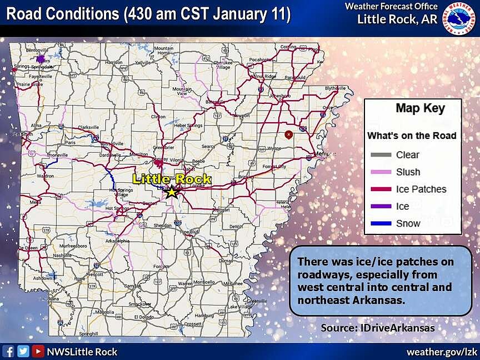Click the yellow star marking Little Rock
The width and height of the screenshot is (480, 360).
coord(172,192)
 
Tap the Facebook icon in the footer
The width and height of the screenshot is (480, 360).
coord(8,351)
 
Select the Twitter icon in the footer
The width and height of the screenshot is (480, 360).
coord(23,351)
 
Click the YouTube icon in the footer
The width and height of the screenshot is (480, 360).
coord(38,351)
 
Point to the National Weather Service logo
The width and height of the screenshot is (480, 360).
coord(459,18)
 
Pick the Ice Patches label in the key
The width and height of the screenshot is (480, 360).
coord(421,189)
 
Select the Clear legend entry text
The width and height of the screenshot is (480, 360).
coord(407,155)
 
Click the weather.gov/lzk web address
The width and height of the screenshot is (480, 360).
coord(442,352)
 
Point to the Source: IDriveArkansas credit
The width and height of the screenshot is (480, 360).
coord(377,328)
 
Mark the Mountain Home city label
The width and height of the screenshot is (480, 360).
coord(164,49)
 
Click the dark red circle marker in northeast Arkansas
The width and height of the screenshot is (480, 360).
coord(288,134)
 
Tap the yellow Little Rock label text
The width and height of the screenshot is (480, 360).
coord(172,179)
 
